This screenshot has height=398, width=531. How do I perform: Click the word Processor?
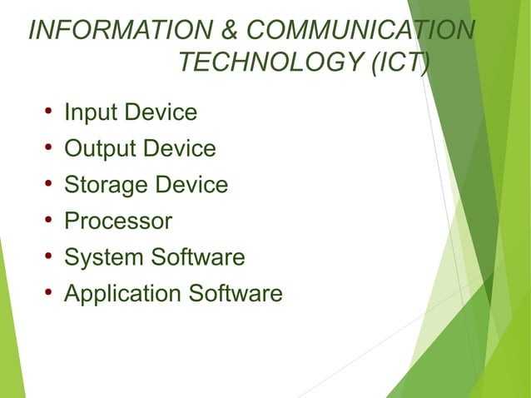(118, 221)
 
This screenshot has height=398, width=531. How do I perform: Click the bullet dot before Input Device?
(49, 111)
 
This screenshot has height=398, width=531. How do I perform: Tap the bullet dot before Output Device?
(49, 147)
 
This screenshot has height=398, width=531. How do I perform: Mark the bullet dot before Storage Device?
(49, 184)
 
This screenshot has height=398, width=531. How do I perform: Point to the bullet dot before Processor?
(49, 220)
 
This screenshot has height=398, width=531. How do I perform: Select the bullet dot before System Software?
(49, 256)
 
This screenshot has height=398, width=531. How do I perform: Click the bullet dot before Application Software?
(49, 292)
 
